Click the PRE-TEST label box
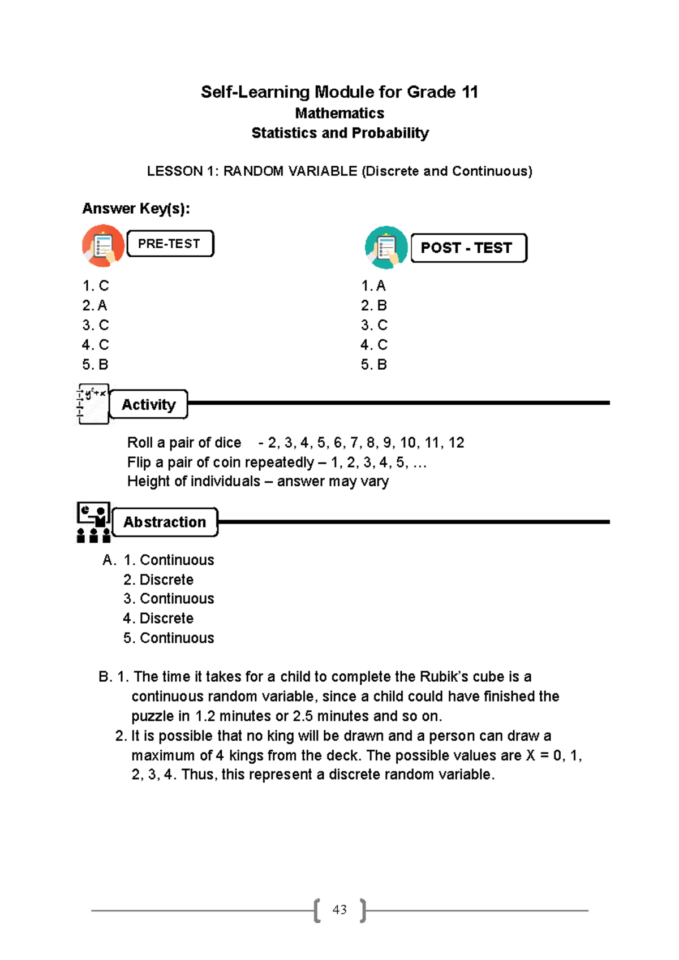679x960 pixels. tap(170, 244)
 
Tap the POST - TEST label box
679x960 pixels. tap(468, 248)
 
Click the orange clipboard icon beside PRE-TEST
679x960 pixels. tap(103, 246)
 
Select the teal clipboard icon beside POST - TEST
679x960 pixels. tap(386, 248)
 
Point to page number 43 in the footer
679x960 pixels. tap(339, 910)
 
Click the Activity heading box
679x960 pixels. tap(149, 405)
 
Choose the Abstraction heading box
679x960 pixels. tap(165, 522)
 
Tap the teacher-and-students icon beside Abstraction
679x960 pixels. tap(93, 522)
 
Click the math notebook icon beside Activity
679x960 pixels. tap(93, 404)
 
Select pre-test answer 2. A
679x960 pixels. tap(94, 306)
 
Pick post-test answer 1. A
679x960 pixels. tap(373, 286)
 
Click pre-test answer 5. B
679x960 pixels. tap(95, 365)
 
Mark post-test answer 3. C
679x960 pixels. tap(374, 326)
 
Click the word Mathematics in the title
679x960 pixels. tap(339, 114)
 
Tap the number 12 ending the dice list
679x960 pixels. tap(456, 443)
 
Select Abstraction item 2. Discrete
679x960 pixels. tap(158, 580)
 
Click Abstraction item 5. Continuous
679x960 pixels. tap(169, 638)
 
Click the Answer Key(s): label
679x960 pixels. tap(136, 209)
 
